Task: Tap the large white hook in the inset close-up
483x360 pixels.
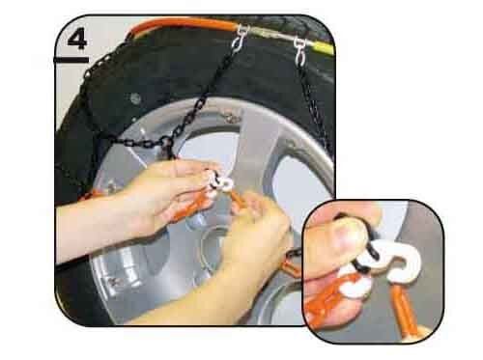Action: point(395,263)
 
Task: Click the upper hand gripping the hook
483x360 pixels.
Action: point(155,193)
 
